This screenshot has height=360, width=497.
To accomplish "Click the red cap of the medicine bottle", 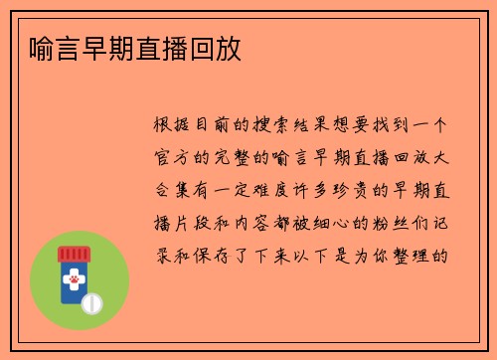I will pyautogui.click(x=72, y=255).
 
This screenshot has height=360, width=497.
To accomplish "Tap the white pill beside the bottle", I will pyautogui.click(x=91, y=302).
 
